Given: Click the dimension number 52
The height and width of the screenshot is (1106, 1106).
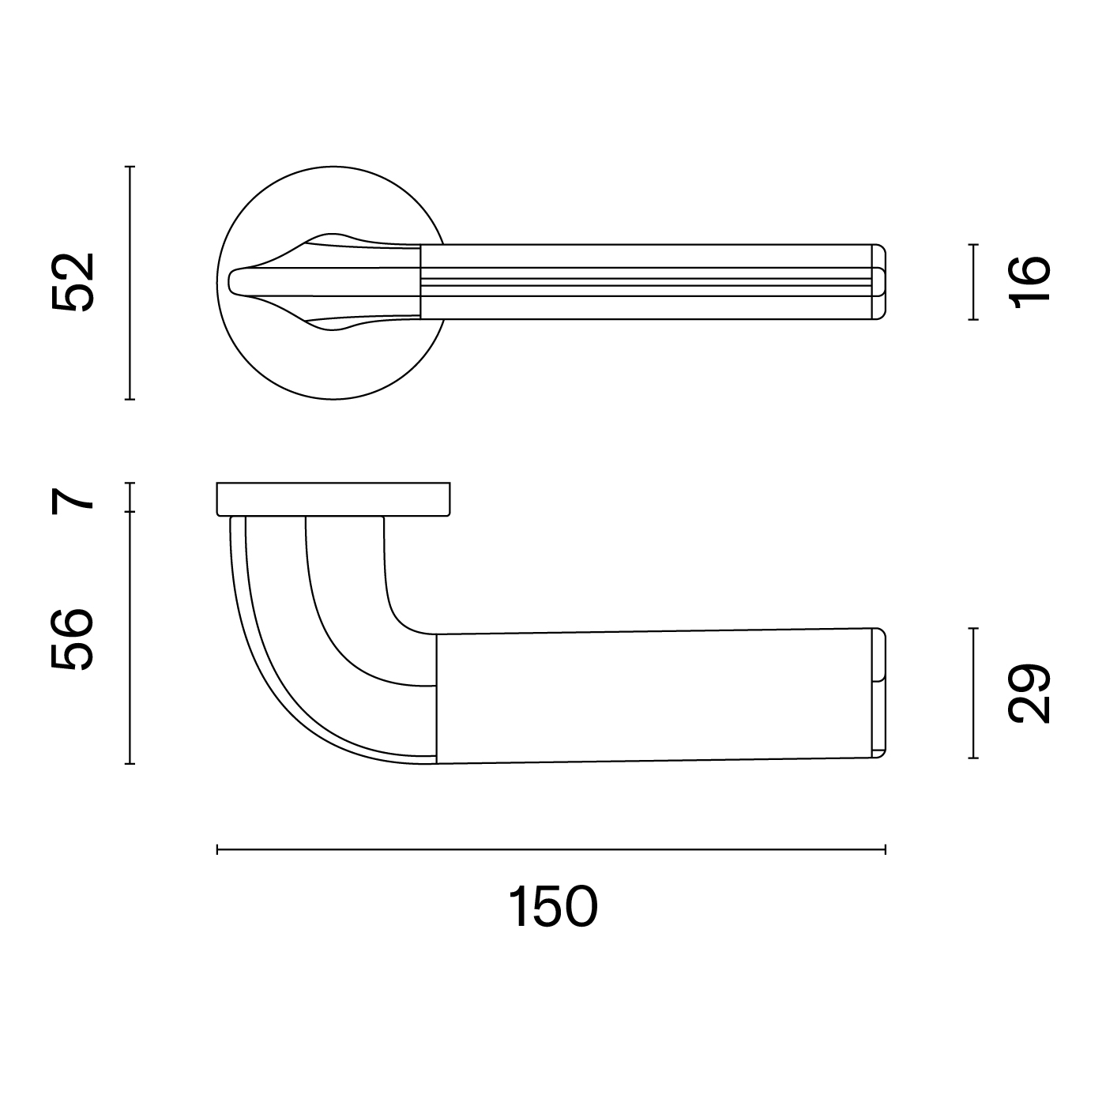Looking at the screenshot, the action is (x=73, y=282).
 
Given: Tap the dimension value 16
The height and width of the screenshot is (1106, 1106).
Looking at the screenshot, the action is (x=1029, y=282).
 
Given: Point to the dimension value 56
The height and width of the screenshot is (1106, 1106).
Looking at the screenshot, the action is (x=72, y=639).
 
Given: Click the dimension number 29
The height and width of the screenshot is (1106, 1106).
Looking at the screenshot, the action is (x=1029, y=694).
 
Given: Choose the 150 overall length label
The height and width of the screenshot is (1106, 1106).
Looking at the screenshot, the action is (x=553, y=907).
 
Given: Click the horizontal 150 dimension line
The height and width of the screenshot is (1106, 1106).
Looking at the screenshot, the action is (x=551, y=849).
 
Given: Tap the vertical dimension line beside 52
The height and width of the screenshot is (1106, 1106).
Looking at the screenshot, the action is (x=130, y=282).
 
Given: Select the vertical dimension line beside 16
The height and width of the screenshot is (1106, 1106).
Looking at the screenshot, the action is (x=972, y=282).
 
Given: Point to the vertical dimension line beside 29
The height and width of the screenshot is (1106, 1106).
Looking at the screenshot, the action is (x=972, y=694).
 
